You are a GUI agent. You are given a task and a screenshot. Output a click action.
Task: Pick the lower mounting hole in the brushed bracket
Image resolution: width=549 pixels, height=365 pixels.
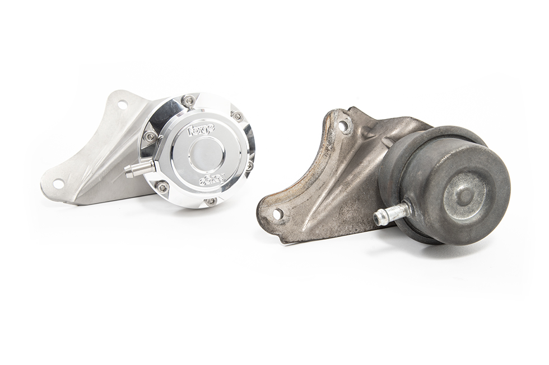[58, 183]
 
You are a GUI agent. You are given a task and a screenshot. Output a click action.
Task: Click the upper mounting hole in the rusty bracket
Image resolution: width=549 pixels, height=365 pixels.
[343, 127]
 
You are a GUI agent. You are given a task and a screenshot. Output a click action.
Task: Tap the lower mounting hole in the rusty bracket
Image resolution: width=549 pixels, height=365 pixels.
[278, 214]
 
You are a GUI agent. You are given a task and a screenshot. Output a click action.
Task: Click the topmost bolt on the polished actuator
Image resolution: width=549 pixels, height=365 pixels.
[189, 101]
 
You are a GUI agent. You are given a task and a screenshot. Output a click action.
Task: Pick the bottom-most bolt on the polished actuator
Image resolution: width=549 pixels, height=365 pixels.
[211, 201]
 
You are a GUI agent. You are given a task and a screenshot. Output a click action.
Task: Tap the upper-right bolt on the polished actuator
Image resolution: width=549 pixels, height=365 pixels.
[238, 116]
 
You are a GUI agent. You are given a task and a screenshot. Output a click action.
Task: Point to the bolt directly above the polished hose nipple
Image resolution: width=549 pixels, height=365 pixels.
[150, 136]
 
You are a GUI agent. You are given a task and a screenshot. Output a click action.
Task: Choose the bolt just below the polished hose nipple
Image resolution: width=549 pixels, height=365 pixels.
[162, 187]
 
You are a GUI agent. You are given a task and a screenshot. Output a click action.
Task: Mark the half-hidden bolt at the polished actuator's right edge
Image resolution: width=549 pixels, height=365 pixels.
[249, 165]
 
